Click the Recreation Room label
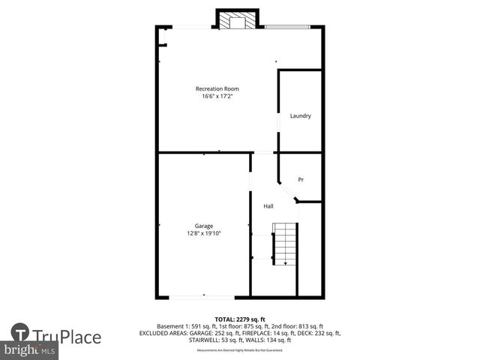tap(217, 88)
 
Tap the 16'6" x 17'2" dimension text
tap(217, 96)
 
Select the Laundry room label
tap(301, 115)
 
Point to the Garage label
tap(204, 226)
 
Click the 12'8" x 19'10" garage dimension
tap(204, 233)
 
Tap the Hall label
tap(268, 206)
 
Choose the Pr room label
tap(301, 179)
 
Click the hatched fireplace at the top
tap(238, 21)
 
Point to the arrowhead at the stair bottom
tap(285, 263)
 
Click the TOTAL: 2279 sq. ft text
tap(239, 318)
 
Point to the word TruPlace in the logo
tap(67, 337)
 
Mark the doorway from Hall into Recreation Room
tap(263, 153)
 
